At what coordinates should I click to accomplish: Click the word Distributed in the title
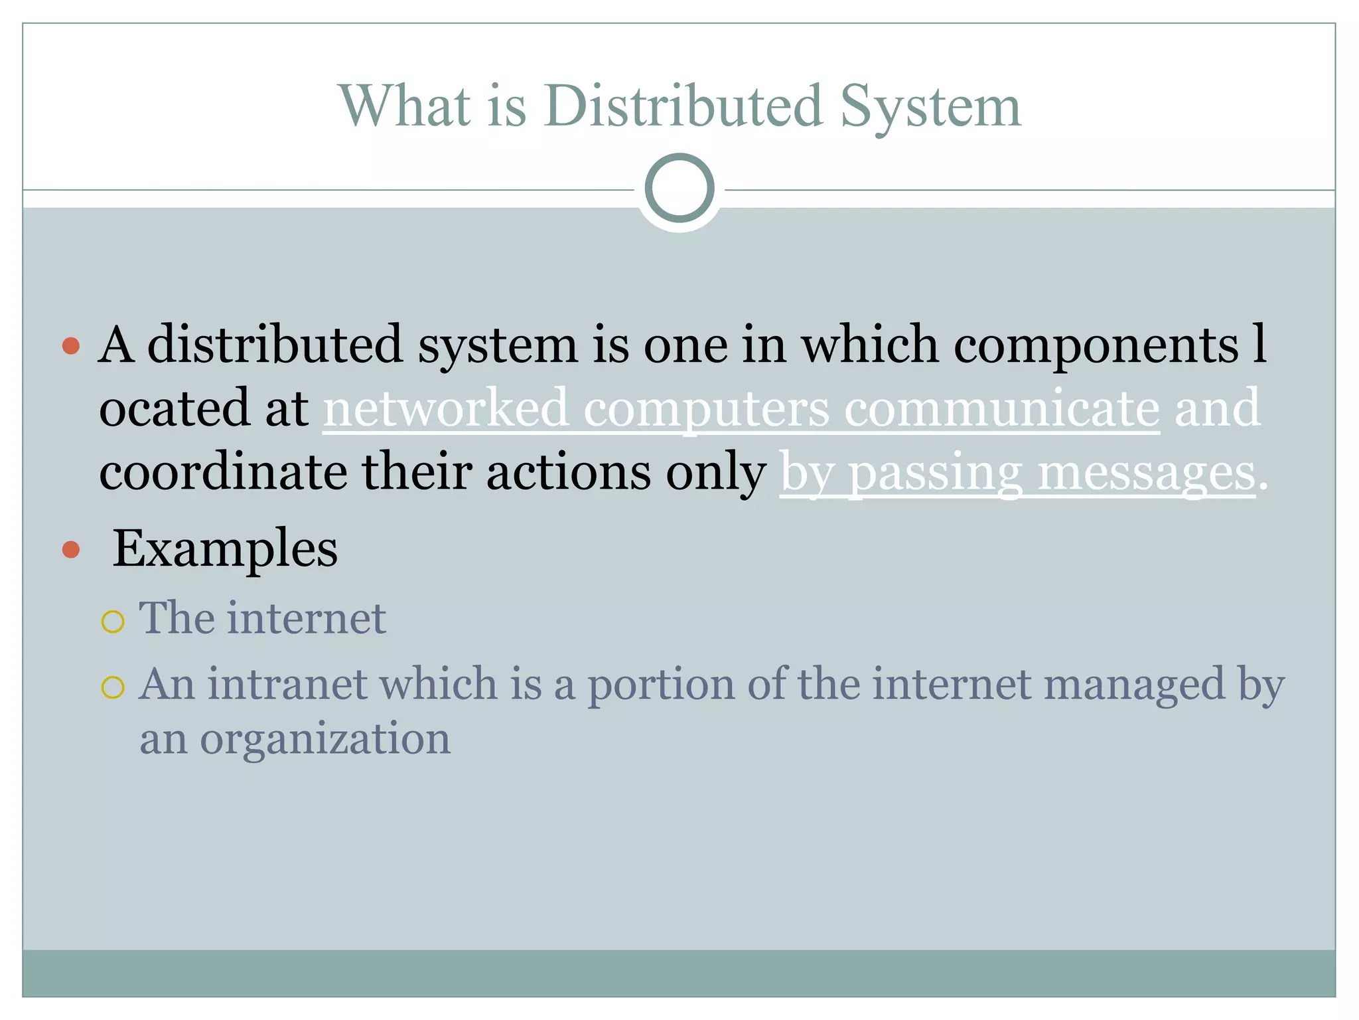click(x=684, y=106)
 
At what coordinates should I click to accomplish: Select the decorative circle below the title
click(x=679, y=188)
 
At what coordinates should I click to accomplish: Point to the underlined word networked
click(x=445, y=408)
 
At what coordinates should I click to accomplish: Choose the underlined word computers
click(x=706, y=409)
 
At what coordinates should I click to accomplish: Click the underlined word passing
click(x=936, y=473)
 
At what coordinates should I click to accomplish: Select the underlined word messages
click(x=1147, y=473)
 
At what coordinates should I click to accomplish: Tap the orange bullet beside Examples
click(x=71, y=549)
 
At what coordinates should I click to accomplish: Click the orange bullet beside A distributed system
click(x=71, y=345)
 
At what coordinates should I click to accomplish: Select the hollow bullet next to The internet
click(x=113, y=622)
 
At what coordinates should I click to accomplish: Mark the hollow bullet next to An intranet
click(x=113, y=687)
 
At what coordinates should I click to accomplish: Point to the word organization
click(x=325, y=738)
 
